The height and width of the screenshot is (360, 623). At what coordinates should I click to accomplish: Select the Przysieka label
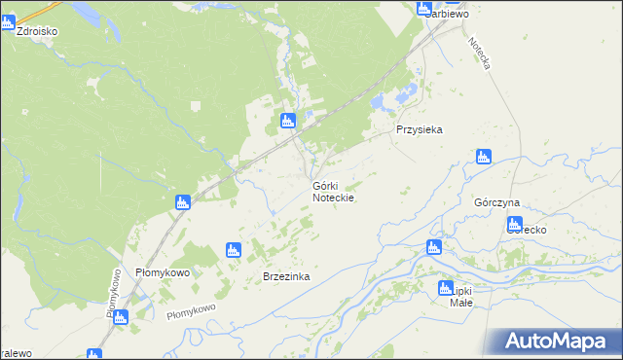[420, 129]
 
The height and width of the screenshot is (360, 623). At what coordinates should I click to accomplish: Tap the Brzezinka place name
[286, 276]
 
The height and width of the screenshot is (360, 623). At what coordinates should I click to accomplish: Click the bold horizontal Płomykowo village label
[162, 272]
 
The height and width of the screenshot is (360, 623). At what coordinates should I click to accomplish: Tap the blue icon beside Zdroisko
[9, 23]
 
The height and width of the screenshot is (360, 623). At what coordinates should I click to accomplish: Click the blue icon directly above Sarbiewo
[424, 8]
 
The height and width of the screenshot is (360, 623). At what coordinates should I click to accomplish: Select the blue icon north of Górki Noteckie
[287, 121]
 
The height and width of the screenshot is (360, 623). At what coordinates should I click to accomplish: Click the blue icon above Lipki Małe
[447, 287]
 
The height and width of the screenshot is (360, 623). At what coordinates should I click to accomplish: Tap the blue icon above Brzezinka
[233, 250]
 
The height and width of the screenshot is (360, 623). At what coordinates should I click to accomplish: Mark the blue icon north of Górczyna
[484, 157]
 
